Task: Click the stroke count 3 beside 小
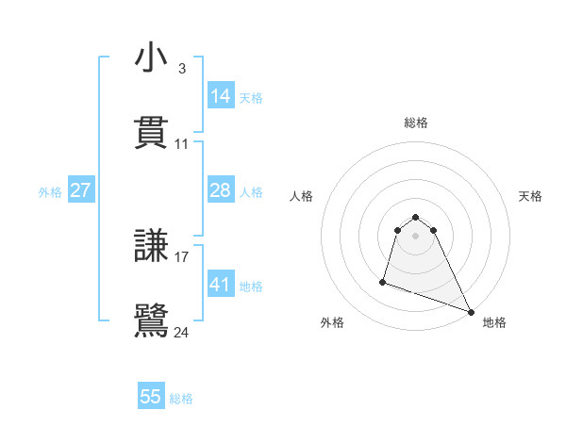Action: (x=181, y=68)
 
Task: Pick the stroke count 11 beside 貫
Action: (x=182, y=144)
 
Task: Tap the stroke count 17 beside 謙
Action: (x=182, y=256)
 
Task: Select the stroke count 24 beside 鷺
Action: (x=182, y=332)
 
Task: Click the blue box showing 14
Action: (x=221, y=96)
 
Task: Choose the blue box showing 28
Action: (x=221, y=191)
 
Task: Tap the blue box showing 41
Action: (x=221, y=285)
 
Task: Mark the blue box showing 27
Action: (x=81, y=191)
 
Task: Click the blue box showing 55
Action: (x=151, y=398)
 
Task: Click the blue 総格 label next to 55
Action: (x=181, y=399)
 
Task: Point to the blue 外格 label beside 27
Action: (x=50, y=192)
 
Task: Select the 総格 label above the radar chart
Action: (x=415, y=123)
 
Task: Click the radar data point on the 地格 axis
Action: (x=470, y=312)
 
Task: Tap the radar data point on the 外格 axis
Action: (x=383, y=281)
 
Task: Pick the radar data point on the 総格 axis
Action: (x=415, y=218)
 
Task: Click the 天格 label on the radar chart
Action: (x=531, y=196)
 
